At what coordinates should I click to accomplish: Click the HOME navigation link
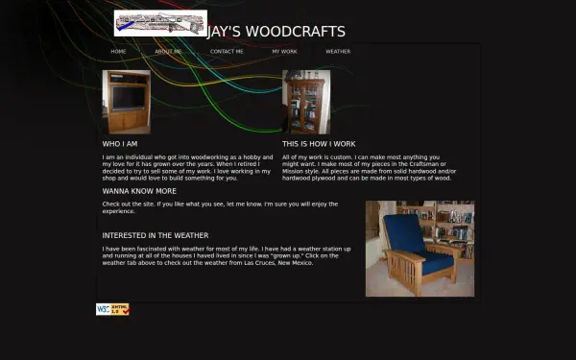(118, 51)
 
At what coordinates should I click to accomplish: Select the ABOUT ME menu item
(168, 51)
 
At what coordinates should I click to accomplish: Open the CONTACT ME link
(227, 51)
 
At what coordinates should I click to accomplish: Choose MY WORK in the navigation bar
(284, 51)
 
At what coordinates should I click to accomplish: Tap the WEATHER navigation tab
(338, 51)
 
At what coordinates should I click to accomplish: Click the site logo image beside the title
(160, 22)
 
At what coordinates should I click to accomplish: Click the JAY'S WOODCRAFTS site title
(276, 31)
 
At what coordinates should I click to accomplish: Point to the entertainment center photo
(126, 102)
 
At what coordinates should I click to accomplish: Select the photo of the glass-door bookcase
(306, 102)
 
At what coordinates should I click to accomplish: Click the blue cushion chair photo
(420, 249)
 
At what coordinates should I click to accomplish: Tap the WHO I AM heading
(120, 144)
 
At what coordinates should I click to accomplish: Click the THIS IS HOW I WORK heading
(319, 144)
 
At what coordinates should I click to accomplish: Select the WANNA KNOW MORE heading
(139, 191)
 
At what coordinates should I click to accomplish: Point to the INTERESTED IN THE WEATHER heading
(156, 235)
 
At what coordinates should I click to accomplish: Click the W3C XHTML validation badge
(112, 309)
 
